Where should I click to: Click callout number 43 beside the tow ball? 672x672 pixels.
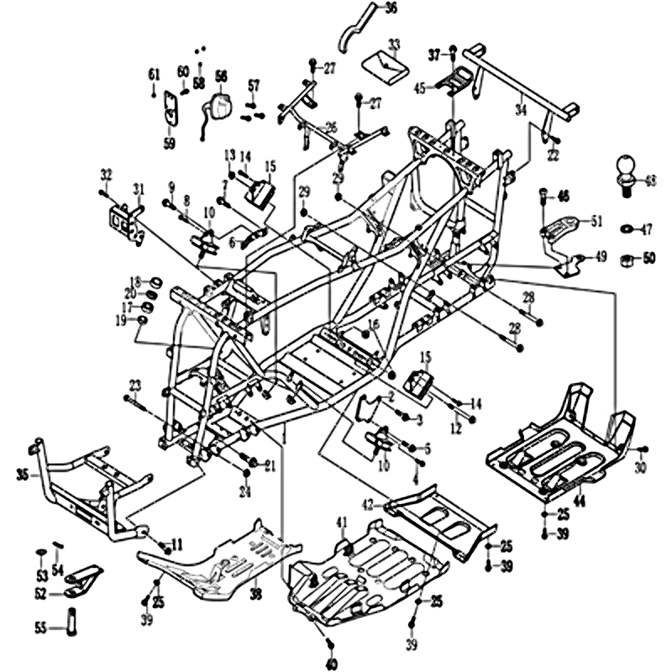pos(649,179)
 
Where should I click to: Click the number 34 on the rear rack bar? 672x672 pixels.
pos(521,109)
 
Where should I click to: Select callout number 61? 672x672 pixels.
pos(153,76)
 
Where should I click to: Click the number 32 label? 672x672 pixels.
pos(106,174)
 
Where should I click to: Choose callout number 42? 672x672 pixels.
pos(366,504)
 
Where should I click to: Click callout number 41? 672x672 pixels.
pos(342,523)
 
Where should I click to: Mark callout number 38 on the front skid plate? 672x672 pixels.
pos(255,594)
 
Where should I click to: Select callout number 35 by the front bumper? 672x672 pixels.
pos(22,475)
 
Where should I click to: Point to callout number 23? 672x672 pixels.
pos(134,385)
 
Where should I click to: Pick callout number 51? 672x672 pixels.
pos(596,222)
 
